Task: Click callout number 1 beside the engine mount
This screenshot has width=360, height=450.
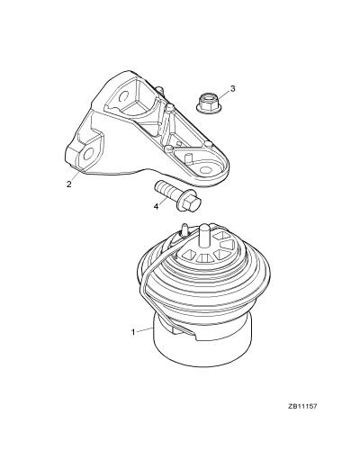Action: click(x=133, y=332)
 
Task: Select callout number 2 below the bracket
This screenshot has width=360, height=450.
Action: click(x=69, y=184)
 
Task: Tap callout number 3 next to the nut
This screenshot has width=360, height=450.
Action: click(x=233, y=88)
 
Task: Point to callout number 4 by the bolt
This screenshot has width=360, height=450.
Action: click(x=156, y=206)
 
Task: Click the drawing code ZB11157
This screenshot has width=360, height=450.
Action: click(x=302, y=407)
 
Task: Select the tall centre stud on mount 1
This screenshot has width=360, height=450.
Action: click(x=204, y=236)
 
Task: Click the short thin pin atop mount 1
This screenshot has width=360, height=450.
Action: click(x=184, y=229)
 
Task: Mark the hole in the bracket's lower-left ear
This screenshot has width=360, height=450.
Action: click(x=89, y=155)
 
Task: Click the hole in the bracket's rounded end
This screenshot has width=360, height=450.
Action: click(x=206, y=170)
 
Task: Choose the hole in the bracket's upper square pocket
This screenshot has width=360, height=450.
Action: click(x=123, y=96)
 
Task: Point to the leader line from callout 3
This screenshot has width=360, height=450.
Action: click(x=223, y=94)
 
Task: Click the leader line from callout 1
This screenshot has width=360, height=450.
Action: click(x=145, y=330)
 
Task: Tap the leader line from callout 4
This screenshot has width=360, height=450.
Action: click(x=165, y=199)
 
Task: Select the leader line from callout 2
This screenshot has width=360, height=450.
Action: click(x=76, y=175)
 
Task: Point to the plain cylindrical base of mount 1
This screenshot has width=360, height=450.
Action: click(x=202, y=348)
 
